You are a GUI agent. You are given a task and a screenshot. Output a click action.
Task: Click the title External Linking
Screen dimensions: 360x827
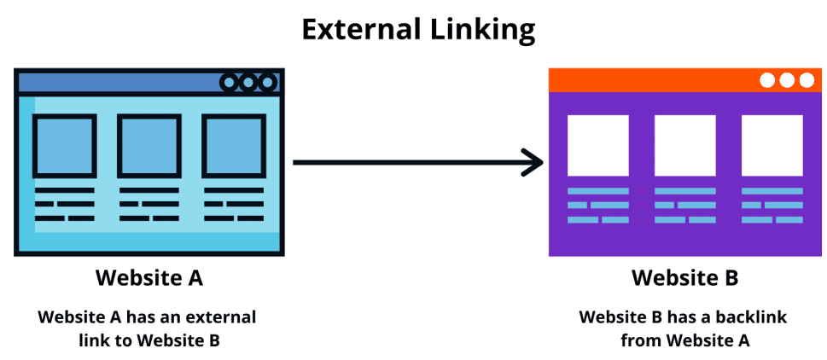click(418, 29)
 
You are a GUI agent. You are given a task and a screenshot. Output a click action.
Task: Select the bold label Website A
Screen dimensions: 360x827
click(149, 278)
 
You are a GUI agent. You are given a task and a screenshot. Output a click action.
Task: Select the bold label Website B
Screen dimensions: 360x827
click(684, 278)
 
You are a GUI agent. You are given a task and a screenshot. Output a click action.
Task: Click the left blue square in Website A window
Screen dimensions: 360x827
click(65, 146)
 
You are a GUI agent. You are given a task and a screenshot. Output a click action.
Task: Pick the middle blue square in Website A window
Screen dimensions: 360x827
click(149, 146)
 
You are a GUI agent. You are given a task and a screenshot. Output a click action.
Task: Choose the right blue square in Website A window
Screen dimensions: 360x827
click(234, 146)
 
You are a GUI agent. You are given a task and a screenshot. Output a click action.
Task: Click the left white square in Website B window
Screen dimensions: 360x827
click(598, 145)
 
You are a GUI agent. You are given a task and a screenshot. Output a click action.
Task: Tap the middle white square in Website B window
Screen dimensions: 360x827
click(684, 145)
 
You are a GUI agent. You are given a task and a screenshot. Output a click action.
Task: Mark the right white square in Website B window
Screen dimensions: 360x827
click(772, 145)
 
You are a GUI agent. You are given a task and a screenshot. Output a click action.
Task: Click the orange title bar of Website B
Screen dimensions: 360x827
click(649, 80)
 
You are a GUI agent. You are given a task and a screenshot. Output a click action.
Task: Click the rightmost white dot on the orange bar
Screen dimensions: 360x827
click(807, 80)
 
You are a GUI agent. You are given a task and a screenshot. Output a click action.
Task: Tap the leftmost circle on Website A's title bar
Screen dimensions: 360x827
click(230, 83)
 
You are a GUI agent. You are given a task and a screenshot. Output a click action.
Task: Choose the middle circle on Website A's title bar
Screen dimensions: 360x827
click(248, 83)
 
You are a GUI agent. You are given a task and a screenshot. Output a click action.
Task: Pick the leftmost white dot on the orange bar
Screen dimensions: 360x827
click(767, 80)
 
